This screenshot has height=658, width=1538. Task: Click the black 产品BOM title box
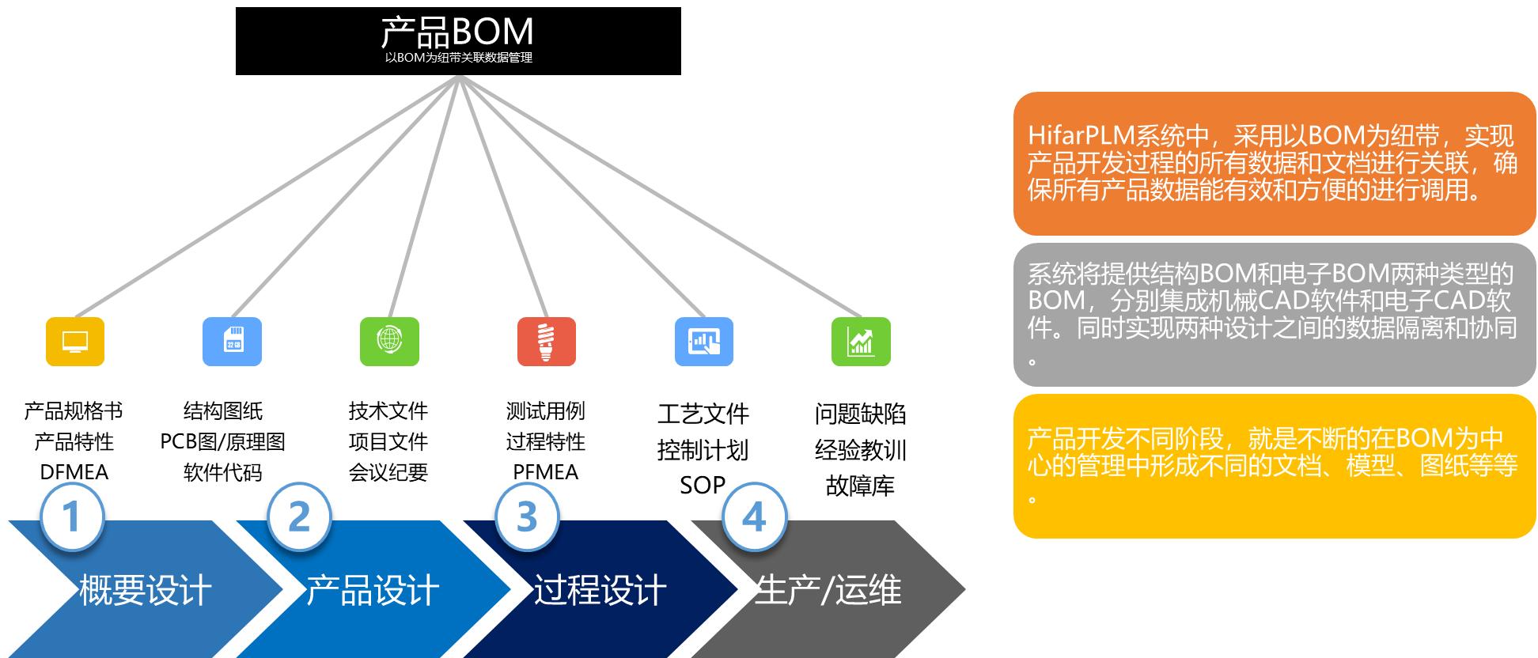[458, 41]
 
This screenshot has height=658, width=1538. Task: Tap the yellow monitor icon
[75, 342]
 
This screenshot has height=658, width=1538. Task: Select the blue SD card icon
[232, 342]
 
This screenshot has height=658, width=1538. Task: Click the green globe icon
[389, 342]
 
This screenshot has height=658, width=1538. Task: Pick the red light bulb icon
[546, 342]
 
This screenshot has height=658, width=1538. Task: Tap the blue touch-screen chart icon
[703, 342]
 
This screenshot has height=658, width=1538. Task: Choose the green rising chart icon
[861, 342]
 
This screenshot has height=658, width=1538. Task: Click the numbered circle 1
[72, 516]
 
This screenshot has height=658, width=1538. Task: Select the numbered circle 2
[299, 516]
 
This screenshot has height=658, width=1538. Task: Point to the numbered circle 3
[527, 516]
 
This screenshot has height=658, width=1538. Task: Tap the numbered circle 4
[754, 516]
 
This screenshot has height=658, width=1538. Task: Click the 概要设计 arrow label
[146, 590]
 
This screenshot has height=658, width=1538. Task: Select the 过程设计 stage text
[600, 590]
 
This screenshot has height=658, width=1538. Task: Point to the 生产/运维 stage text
[828, 590]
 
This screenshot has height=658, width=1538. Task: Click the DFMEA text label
[74, 472]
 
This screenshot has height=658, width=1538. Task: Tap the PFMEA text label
[546, 472]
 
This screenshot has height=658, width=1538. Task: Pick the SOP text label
[703, 485]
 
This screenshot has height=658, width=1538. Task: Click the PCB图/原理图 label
[222, 441]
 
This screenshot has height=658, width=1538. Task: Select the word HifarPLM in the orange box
[1081, 135]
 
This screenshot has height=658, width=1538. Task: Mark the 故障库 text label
[860, 486]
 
